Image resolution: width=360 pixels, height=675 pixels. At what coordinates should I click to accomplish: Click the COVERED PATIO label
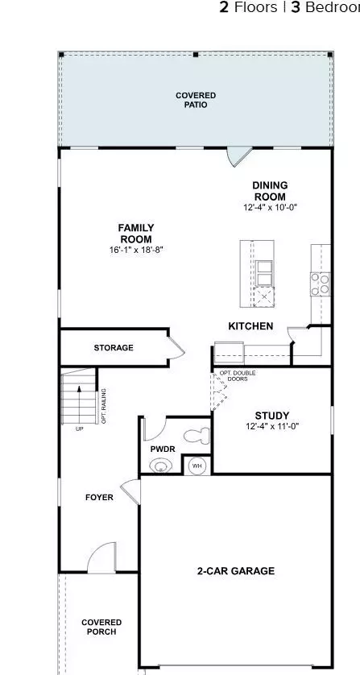click(196, 100)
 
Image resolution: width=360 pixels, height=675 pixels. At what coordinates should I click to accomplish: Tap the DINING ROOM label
click(270, 191)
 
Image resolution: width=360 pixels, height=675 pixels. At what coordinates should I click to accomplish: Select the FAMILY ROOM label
click(136, 233)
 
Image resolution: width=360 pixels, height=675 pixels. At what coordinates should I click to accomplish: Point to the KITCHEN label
click(250, 326)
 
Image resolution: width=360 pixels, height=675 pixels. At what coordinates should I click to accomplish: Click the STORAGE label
click(114, 348)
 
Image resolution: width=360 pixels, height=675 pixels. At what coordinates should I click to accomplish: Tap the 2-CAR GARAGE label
click(236, 571)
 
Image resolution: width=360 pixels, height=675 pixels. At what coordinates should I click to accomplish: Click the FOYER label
click(99, 497)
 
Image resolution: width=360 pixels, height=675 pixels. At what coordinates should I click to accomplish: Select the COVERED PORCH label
click(101, 627)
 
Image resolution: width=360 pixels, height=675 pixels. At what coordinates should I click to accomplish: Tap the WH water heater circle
click(197, 465)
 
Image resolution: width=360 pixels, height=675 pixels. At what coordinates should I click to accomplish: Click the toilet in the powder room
click(196, 436)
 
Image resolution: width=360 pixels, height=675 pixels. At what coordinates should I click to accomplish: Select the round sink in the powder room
click(162, 465)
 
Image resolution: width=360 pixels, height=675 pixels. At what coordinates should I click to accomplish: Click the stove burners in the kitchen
click(319, 282)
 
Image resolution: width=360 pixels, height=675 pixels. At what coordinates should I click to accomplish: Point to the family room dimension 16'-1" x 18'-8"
click(136, 251)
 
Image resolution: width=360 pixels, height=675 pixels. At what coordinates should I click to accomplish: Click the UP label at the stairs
click(79, 429)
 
